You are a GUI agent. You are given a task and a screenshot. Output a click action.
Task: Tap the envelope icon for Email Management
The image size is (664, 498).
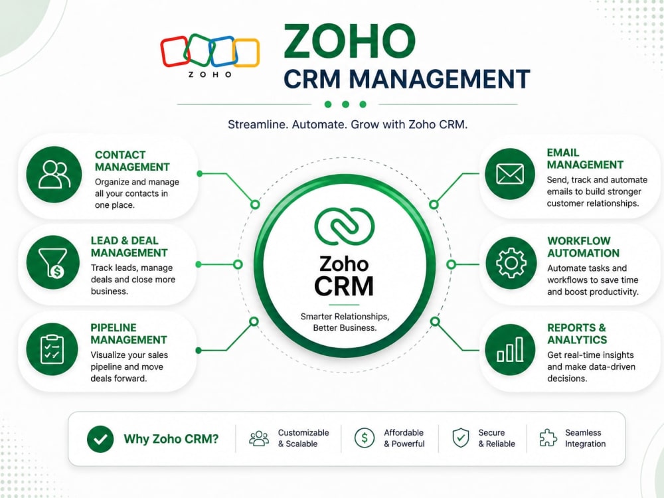pos(510,173)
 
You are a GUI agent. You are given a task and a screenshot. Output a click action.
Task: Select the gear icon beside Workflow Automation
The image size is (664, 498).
pos(511,263)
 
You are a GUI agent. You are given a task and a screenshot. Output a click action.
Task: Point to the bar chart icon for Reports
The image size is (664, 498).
pos(510,350)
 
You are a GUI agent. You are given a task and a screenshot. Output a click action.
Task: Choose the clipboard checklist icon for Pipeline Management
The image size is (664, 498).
pos(52,349)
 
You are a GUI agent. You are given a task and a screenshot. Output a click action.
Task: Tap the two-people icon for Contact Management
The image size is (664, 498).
pos(54,174)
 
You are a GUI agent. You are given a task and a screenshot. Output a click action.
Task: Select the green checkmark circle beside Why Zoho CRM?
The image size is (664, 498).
pos(100,439)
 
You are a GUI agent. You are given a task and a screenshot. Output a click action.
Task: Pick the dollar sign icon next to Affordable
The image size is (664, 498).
pos(365,438)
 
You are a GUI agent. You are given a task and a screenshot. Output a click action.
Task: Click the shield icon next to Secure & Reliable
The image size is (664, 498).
pos(461,438)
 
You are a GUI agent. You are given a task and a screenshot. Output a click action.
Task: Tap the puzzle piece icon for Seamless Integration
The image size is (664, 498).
pos(548,438)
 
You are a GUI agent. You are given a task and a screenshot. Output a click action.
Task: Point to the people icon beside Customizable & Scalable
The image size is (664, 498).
pos(259,439)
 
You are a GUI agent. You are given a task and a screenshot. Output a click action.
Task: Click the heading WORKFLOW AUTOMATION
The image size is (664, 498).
pos(583,247)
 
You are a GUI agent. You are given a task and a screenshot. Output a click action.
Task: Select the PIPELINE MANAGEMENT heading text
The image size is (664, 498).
pos(129,334)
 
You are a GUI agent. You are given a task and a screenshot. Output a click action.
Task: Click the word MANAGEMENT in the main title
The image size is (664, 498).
pos(440,79)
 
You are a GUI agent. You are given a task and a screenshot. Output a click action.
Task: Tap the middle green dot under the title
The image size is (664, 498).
pos(345,104)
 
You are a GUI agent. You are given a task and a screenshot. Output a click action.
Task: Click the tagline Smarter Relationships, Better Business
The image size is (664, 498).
pos(345,322)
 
